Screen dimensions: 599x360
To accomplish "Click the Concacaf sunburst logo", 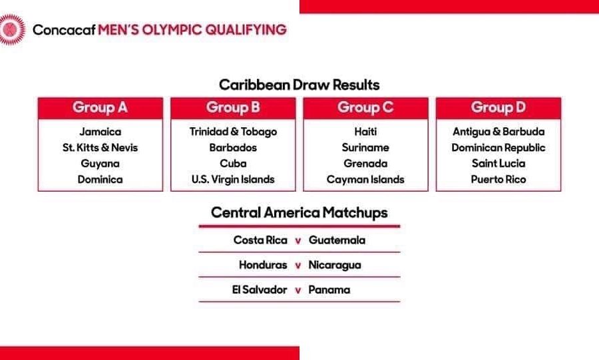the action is click(12, 30).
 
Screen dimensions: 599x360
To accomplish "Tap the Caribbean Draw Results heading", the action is click(299, 85).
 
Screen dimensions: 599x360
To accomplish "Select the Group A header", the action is click(100, 108).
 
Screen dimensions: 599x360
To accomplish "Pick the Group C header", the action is click(365, 108).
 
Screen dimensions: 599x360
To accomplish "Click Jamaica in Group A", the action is click(100, 132).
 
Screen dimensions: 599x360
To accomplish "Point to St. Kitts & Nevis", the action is click(100, 148).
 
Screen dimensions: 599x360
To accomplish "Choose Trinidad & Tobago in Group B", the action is click(233, 132).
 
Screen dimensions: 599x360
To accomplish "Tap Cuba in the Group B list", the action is click(233, 164).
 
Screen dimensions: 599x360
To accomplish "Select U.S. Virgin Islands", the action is click(233, 180).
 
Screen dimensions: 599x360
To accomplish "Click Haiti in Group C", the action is click(365, 132).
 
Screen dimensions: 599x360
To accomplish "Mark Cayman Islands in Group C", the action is click(365, 180).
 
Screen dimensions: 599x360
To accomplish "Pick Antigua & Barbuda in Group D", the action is click(499, 132).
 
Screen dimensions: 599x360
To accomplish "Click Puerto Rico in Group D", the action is click(499, 180).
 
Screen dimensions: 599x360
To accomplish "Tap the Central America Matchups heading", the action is click(299, 213).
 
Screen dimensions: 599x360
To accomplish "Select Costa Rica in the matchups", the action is click(260, 240).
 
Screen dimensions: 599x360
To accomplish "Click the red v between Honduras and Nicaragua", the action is click(298, 266).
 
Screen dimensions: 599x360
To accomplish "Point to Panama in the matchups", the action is click(329, 290).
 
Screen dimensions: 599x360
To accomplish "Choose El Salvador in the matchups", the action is click(260, 290).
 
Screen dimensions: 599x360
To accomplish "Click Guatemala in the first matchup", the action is click(337, 240).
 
